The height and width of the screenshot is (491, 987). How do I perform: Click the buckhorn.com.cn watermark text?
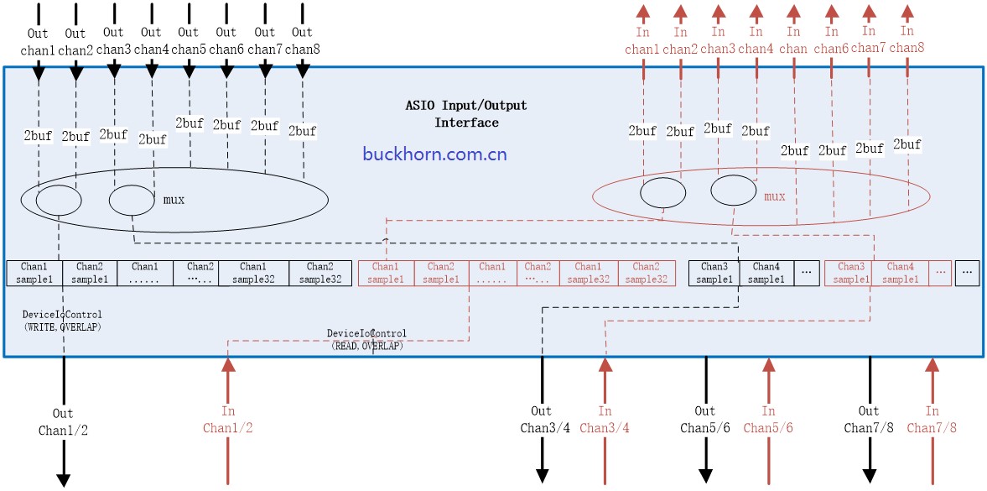click(434, 154)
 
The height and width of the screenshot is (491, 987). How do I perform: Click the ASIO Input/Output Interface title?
click(466, 114)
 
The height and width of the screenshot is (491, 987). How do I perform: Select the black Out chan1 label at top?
click(38, 42)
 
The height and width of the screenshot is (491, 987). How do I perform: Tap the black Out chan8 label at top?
click(302, 41)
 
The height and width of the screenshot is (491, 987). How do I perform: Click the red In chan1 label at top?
click(642, 41)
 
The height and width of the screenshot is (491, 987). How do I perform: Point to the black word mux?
click(174, 200)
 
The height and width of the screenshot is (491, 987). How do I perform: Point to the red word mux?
click(774, 197)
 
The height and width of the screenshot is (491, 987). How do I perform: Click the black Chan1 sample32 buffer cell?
click(253, 273)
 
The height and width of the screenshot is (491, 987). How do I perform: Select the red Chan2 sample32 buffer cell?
click(646, 273)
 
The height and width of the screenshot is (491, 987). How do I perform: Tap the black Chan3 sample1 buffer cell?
click(714, 273)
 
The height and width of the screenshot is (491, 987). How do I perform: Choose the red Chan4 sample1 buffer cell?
click(900, 273)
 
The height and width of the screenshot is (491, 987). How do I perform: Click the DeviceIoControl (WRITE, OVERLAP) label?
click(62, 321)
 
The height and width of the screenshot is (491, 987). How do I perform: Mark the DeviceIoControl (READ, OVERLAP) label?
click(366, 339)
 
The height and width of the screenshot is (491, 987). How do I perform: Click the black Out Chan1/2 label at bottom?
click(63, 422)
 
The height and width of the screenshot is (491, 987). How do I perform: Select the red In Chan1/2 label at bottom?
click(227, 420)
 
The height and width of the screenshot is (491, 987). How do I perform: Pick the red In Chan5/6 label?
click(768, 420)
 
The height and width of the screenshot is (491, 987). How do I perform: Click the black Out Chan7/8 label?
click(869, 420)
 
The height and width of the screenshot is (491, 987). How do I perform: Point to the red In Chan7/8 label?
click(932, 420)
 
